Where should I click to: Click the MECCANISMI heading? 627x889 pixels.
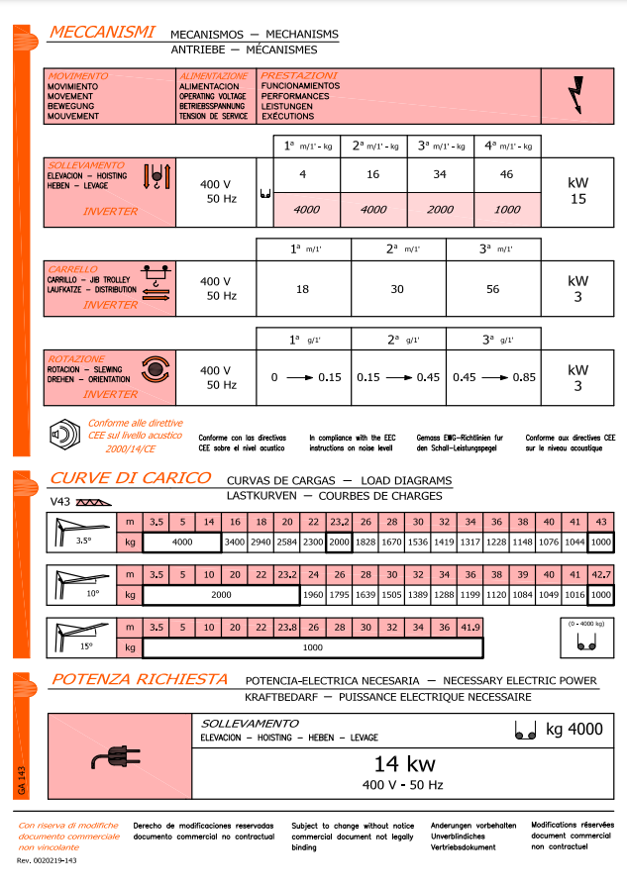[102, 34]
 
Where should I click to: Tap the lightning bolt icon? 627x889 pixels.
[576, 95]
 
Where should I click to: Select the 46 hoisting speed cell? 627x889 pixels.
[508, 174]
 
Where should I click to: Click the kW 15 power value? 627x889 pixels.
[577, 191]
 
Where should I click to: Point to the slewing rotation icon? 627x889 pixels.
[155, 370]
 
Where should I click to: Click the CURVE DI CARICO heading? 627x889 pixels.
[131, 478]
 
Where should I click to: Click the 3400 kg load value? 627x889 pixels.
[235, 543]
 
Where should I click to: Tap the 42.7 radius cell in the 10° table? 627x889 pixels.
[600, 575]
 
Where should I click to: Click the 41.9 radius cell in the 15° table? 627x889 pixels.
[470, 628]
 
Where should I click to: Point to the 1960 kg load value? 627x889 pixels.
[313, 595]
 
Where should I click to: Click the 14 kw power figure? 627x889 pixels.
[405, 763]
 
